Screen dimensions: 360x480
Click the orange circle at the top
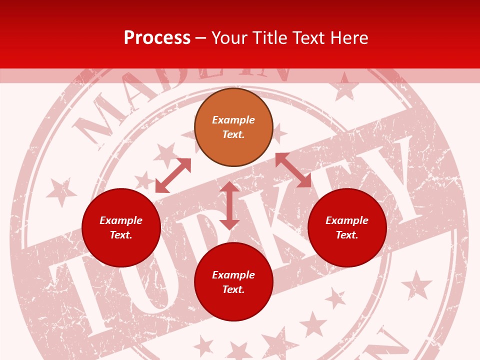coord(233,127)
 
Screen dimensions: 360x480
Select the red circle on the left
coord(121,227)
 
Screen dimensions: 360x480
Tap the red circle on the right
coord(347,227)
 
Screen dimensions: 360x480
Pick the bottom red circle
coord(233,282)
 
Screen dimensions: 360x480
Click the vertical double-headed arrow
coord(229,205)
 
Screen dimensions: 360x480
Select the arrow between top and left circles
coord(173,175)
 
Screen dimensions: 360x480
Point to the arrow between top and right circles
coord(293,170)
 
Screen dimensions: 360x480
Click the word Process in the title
coord(157,38)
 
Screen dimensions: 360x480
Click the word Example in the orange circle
coord(233,120)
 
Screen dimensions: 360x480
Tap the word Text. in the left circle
coord(121,235)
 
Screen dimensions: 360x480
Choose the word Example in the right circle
coord(347,220)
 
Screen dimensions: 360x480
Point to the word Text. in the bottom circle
coord(233,289)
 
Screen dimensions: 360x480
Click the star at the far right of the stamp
coord(416,285)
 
